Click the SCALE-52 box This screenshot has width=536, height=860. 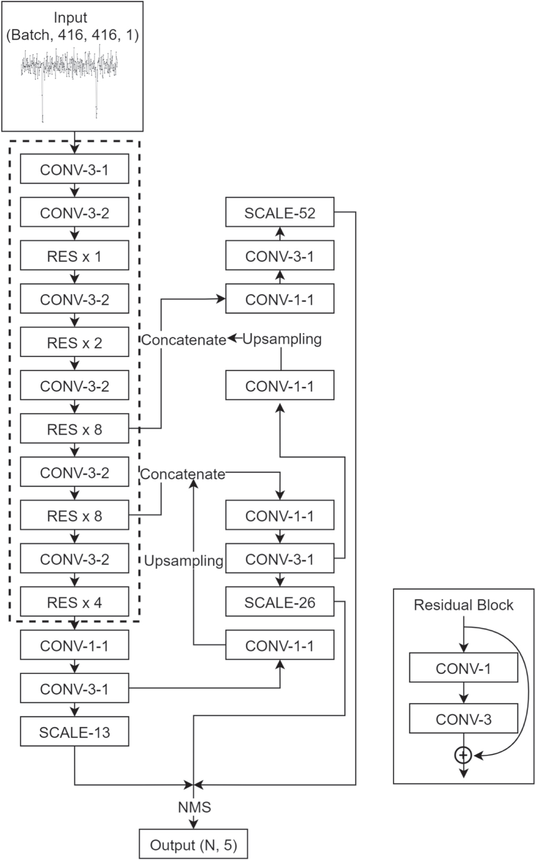point(280,212)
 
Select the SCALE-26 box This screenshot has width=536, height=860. point(280,602)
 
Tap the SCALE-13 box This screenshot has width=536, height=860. point(75,732)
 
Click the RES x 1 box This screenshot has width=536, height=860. point(75,256)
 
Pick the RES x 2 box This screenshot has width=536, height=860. point(75,343)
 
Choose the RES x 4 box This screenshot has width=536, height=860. point(75,602)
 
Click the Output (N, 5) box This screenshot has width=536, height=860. point(193,845)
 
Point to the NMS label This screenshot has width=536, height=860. point(194,807)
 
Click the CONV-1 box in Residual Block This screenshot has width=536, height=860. point(463,668)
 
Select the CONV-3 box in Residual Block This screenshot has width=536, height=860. point(463,719)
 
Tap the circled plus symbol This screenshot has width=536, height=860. point(463,756)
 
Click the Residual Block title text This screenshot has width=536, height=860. point(463,605)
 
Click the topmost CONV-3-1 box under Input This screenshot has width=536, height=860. point(75,169)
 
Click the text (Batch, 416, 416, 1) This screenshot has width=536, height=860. point(73,35)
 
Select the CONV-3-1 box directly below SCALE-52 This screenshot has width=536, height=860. point(280,256)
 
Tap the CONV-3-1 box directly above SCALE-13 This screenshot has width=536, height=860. point(75,689)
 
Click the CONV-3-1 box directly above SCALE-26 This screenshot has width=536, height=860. point(280,559)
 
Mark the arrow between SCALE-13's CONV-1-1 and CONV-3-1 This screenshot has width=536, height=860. point(75,667)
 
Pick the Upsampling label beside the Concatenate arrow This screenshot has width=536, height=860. point(282,339)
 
